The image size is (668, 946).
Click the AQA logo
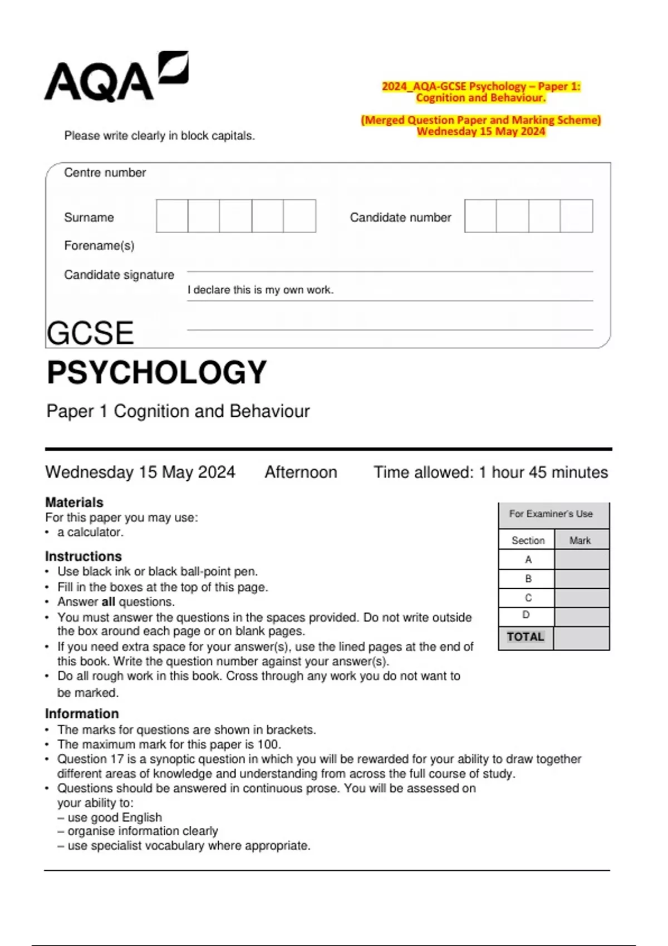pos(116,78)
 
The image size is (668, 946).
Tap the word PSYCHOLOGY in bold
pos(157,372)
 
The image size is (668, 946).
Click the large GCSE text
pos(90,333)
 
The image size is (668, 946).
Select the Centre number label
pos(105,173)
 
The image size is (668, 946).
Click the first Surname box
pos(172,216)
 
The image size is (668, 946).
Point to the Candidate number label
pos(400,218)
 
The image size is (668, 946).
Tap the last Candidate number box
pos(576,216)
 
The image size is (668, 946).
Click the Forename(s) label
pos(99,245)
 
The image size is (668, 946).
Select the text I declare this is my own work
pos(260,290)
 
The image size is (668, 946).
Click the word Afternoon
pos(301,472)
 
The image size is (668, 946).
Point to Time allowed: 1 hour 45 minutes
pos(490,472)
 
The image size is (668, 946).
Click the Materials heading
pos(74,502)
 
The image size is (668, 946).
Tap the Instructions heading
pos(83,556)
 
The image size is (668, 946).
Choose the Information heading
pos(82,713)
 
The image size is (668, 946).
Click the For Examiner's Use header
pos(551,514)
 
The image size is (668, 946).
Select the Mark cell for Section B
pos(581,579)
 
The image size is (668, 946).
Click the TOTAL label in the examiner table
pos(525,637)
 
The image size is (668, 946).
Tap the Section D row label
pos(527,615)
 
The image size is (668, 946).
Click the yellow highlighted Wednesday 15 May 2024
pos(481,131)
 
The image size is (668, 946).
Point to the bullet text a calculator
pos(90,532)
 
